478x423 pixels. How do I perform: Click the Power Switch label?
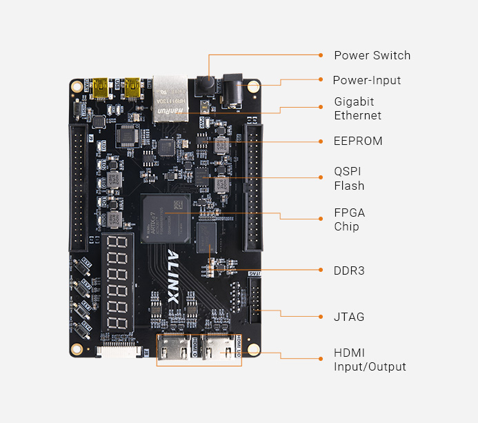tap(372, 55)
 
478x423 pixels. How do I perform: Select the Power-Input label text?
tap(366, 80)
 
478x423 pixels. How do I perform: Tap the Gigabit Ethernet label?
tap(357, 108)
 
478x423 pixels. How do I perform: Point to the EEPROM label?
tap(358, 141)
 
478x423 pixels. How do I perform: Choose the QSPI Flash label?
tap(349, 178)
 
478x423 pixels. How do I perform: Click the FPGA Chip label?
tap(349, 219)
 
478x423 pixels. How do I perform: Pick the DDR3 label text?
tap(349, 270)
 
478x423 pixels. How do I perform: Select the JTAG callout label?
tap(349, 317)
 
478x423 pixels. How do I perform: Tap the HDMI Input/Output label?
tap(370, 360)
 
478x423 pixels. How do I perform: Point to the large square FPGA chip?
tap(165, 218)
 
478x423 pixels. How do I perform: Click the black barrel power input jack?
tap(232, 90)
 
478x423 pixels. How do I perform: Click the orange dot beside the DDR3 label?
tap(321, 270)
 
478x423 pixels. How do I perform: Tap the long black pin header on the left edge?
tap(77, 186)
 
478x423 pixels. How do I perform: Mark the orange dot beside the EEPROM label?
tap(321, 141)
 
